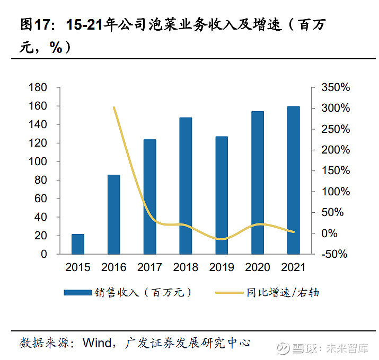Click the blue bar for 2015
click(x=78, y=244)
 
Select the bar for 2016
click(x=114, y=214)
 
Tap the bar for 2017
click(x=150, y=197)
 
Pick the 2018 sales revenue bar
click(x=186, y=186)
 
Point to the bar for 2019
click(x=222, y=195)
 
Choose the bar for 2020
click(x=258, y=183)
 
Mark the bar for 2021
click(x=293, y=181)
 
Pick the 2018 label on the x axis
click(x=186, y=267)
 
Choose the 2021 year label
click(x=293, y=267)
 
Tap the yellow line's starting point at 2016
click(x=114, y=107)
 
